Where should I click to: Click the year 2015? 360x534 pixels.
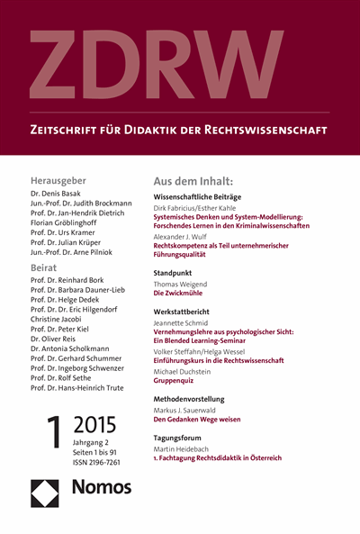[101, 424]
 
